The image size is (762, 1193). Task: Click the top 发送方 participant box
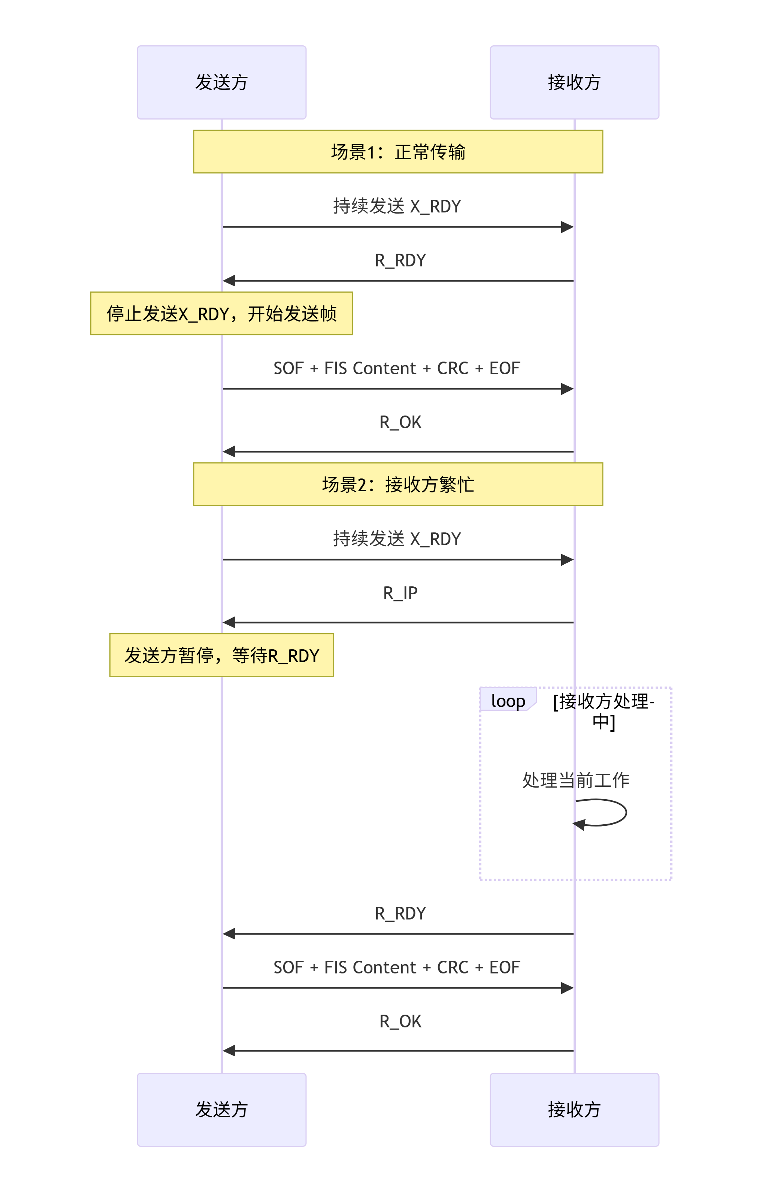(x=221, y=82)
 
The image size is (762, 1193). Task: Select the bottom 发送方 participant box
(x=221, y=1109)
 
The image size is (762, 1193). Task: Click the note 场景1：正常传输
(x=398, y=152)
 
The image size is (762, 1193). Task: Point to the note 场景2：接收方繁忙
(x=398, y=484)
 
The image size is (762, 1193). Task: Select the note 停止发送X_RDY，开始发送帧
(x=221, y=314)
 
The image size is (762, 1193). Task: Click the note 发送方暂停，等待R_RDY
(x=221, y=655)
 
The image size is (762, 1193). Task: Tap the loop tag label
(x=508, y=701)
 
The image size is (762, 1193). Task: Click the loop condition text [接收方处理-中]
(x=604, y=711)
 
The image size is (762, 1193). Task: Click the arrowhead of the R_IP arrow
(x=229, y=622)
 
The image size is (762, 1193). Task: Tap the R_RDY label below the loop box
(x=400, y=913)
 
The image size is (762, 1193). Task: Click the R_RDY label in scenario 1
(x=400, y=260)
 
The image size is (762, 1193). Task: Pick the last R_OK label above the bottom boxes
(x=400, y=1021)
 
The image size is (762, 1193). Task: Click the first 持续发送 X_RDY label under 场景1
(x=397, y=206)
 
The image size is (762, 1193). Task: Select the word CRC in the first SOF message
(x=452, y=368)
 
